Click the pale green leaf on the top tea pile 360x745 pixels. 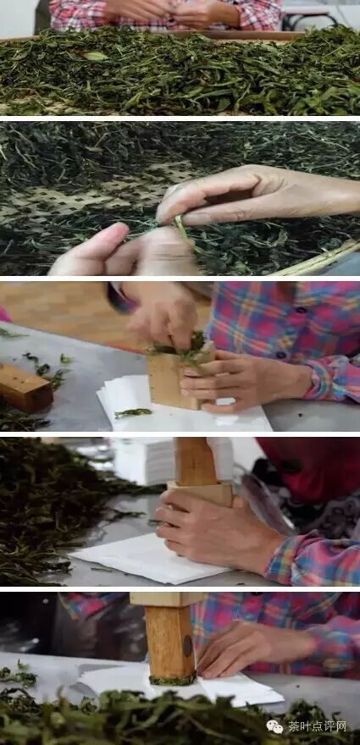click(96, 56)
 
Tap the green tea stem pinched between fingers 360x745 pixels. click(183, 229)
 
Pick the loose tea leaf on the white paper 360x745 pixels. click(133, 413)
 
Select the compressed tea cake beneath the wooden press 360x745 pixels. click(172, 680)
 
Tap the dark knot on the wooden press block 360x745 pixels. click(188, 645)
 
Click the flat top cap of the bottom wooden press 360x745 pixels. click(168, 599)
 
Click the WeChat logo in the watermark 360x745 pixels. click(275, 726)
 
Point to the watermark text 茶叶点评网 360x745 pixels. click(317, 726)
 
